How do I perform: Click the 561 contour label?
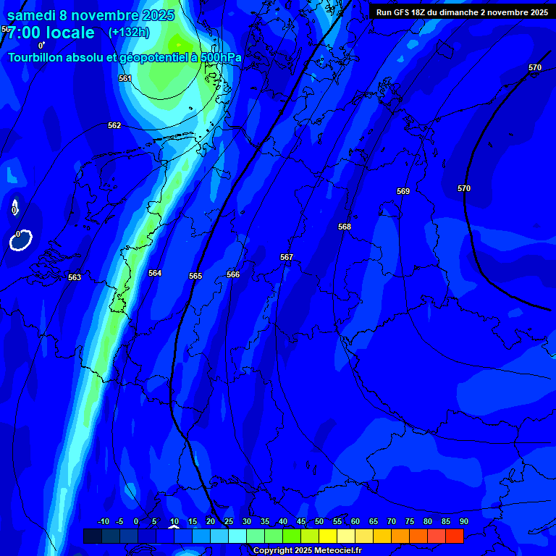pos(125,78)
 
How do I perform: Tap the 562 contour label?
pos(114,125)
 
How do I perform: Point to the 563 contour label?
pos(75,277)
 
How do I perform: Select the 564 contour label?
pos(155,273)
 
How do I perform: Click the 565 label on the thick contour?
pos(195,276)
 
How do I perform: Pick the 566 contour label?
pos(233,274)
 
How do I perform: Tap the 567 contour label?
pos(287,257)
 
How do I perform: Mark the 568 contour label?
pos(345,227)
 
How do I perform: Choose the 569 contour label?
pos(403,191)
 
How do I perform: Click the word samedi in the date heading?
pos(32,15)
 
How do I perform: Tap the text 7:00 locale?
pos(51,33)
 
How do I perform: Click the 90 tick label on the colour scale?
pos(463,522)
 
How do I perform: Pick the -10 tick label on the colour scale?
pos(103,522)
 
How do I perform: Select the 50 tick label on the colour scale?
pos(319,522)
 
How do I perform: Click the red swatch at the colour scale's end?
pos(454,536)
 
